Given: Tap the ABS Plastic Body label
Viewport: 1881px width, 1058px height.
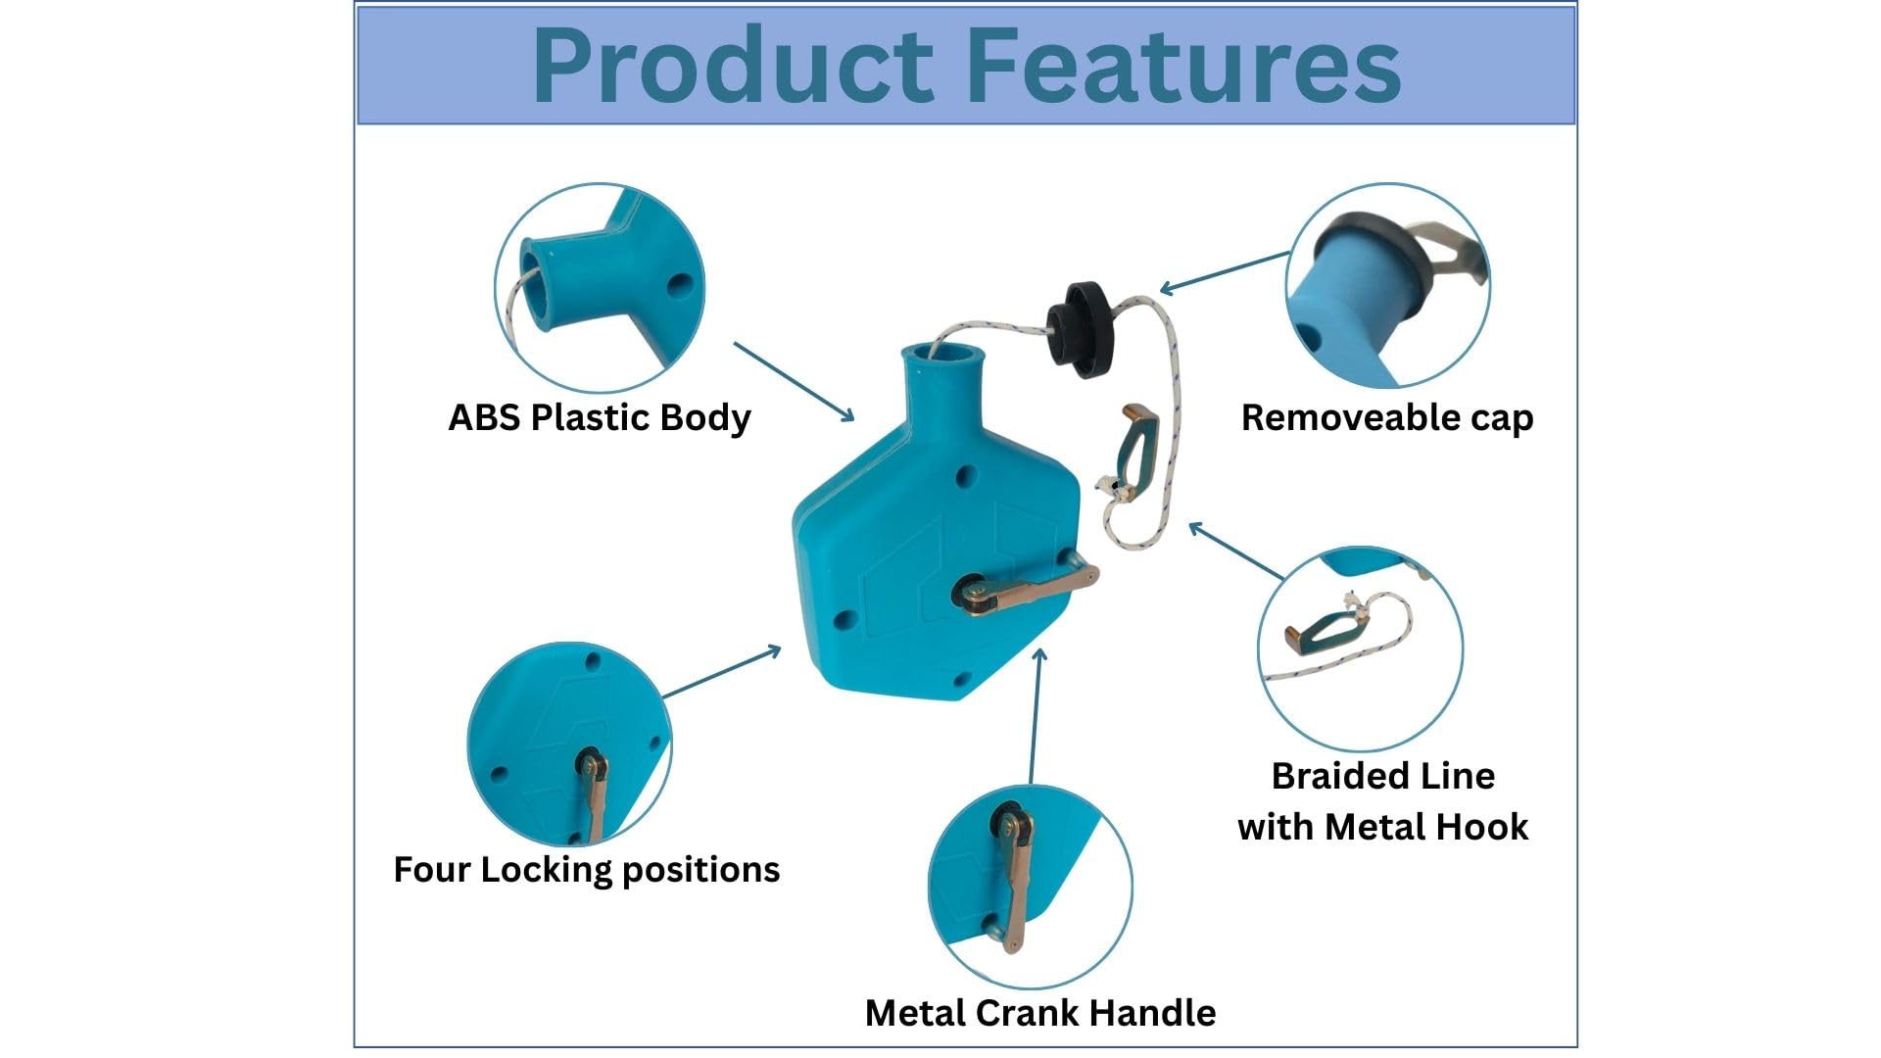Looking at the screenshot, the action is (600, 417).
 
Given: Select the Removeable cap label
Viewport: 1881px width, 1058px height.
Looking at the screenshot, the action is (1387, 417).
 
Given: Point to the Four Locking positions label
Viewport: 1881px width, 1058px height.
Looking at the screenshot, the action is (587, 869).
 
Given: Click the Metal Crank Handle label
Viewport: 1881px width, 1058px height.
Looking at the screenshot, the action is (1040, 1012).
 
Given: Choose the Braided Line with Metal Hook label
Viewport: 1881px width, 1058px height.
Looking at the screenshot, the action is (1383, 801).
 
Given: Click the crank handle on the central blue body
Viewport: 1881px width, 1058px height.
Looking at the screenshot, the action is (1026, 589).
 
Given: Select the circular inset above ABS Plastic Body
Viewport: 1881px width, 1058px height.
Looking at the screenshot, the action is (601, 288).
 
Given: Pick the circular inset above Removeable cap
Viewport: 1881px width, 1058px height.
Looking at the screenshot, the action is (1388, 285).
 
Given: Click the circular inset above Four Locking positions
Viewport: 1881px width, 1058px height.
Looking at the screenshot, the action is (570, 745).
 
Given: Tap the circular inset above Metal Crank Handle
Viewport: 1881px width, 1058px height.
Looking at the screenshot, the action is (1031, 886).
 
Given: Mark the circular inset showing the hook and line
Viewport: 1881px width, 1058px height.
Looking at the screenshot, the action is (1361, 649).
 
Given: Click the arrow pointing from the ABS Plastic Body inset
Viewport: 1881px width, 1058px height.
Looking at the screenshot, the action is (794, 382).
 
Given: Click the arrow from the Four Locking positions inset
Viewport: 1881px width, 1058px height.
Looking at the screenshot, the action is (722, 671).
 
